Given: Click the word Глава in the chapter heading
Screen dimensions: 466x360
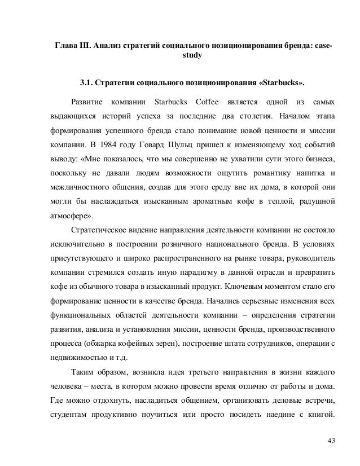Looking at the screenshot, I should [65, 45].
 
